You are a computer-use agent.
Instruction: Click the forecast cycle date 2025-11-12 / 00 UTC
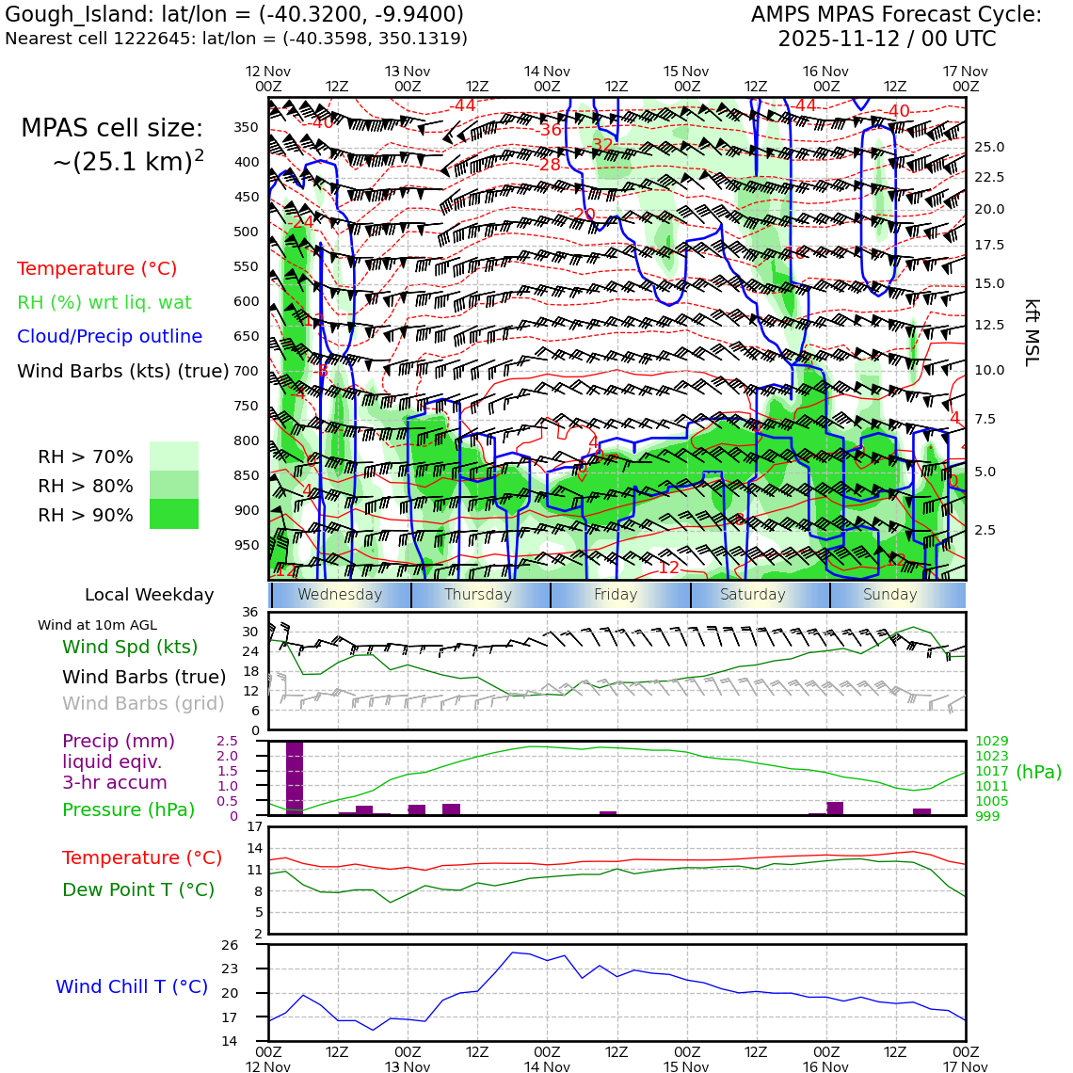pos(887,40)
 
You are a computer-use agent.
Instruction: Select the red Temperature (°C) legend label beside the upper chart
pos(97,268)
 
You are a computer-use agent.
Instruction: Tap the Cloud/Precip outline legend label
pos(109,336)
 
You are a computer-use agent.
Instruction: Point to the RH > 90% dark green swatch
pos(174,514)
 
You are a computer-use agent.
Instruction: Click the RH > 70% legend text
pos(86,457)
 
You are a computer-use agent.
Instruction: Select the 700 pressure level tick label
pos(246,371)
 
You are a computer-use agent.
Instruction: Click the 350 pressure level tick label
pos(246,127)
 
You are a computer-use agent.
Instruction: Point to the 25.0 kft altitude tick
pos(988,147)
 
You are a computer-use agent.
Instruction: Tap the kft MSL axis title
pos(1031,332)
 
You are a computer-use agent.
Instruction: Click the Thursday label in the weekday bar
pos(478,595)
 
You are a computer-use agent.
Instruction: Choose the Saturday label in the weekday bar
pos(752,595)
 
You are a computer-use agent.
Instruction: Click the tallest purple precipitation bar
pos(295,777)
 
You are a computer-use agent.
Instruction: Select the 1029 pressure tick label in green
pos(991,742)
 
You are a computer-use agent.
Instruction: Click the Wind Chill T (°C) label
pos(132,986)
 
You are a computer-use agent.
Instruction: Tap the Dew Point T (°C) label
pos(138,889)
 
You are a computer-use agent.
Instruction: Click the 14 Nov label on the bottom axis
pos(547,1066)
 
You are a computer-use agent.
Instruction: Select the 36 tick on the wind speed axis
pos(249,614)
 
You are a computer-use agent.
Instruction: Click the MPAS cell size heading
pos(112,129)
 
